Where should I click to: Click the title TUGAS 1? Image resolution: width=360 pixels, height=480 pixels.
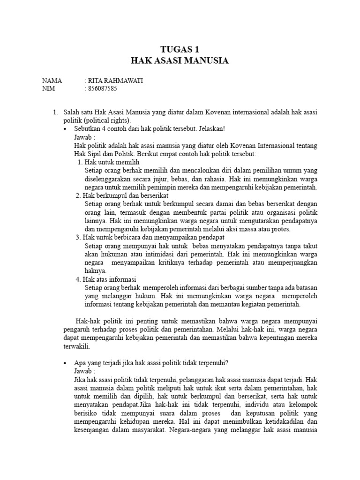coord(180,50)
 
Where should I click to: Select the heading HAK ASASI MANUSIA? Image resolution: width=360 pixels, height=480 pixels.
coord(180,61)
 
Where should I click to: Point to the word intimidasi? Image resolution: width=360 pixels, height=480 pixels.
coord(153,254)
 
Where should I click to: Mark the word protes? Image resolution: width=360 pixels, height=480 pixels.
coord(281,229)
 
